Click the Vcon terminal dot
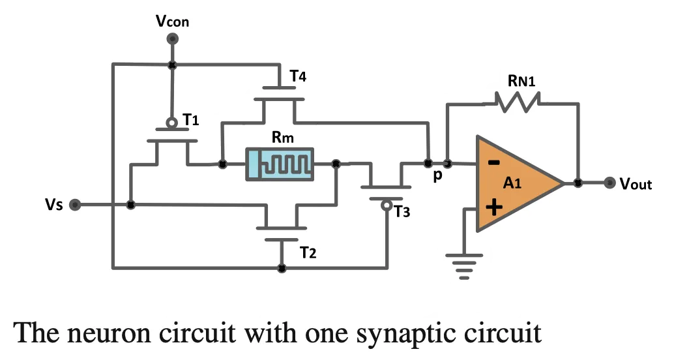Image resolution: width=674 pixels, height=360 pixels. point(172,38)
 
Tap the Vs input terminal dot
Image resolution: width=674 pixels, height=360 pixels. point(75,205)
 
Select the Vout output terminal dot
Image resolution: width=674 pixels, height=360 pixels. point(609,183)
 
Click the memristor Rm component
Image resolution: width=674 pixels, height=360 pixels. point(280,164)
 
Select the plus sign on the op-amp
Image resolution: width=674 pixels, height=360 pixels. point(495,207)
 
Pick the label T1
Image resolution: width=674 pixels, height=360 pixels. point(191,119)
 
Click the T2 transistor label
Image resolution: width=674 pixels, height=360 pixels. point(308,252)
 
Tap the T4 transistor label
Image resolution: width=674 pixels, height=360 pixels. point(298,76)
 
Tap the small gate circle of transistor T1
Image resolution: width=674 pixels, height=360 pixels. point(172,123)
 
